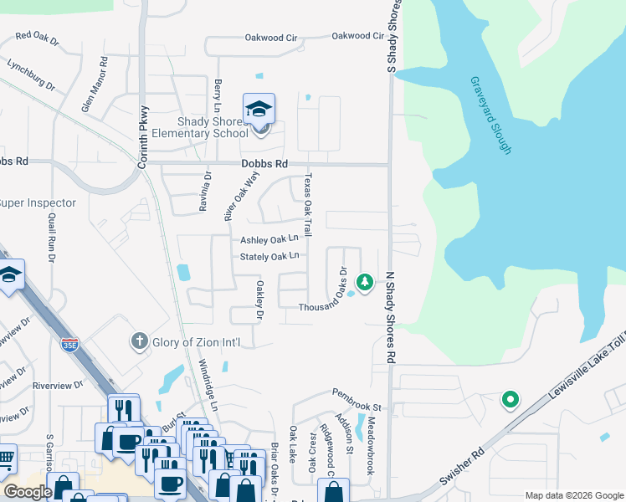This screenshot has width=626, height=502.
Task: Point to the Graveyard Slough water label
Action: (x=490, y=115)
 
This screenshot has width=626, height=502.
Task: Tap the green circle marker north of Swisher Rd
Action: (x=509, y=401)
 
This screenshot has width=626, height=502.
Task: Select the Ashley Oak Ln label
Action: (x=269, y=239)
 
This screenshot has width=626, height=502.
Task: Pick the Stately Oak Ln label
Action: (x=269, y=256)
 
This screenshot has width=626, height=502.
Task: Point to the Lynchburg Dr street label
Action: (x=31, y=75)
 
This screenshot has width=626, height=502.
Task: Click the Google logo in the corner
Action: (x=28, y=492)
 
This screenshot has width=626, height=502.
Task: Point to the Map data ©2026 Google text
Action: (x=574, y=495)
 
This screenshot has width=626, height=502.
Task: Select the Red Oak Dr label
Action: (x=40, y=36)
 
